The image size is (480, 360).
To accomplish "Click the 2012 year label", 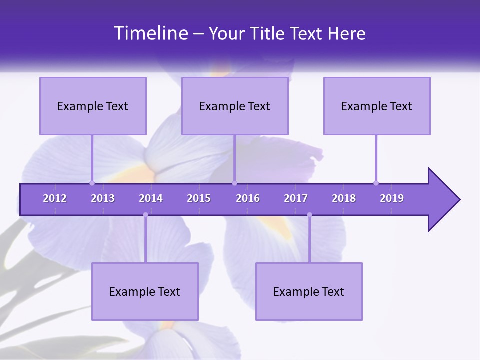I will [55, 198].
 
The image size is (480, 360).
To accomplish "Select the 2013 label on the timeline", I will [103, 198].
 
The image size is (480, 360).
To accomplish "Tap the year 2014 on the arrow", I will [151, 198].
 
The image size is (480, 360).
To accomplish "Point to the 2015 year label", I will [199, 198].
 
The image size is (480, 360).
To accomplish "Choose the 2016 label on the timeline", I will [248, 198].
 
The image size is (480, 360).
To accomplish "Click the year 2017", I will [296, 198].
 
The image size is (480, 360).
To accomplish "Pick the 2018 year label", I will [344, 198].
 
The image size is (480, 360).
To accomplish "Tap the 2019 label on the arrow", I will [392, 198].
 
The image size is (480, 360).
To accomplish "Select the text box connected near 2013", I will [93, 106].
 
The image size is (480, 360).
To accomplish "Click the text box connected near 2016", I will [235, 106].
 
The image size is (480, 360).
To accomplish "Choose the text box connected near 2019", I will [377, 106].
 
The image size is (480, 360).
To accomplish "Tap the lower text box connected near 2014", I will [145, 291].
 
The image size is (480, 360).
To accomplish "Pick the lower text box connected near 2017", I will [309, 291].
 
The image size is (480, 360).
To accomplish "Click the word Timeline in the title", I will [150, 33].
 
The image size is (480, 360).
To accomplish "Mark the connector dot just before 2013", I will [92, 183].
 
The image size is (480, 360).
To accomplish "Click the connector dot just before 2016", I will [234, 183].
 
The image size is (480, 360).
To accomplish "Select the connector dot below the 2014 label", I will [145, 215].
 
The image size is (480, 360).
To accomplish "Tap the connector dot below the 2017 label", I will [309, 215].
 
